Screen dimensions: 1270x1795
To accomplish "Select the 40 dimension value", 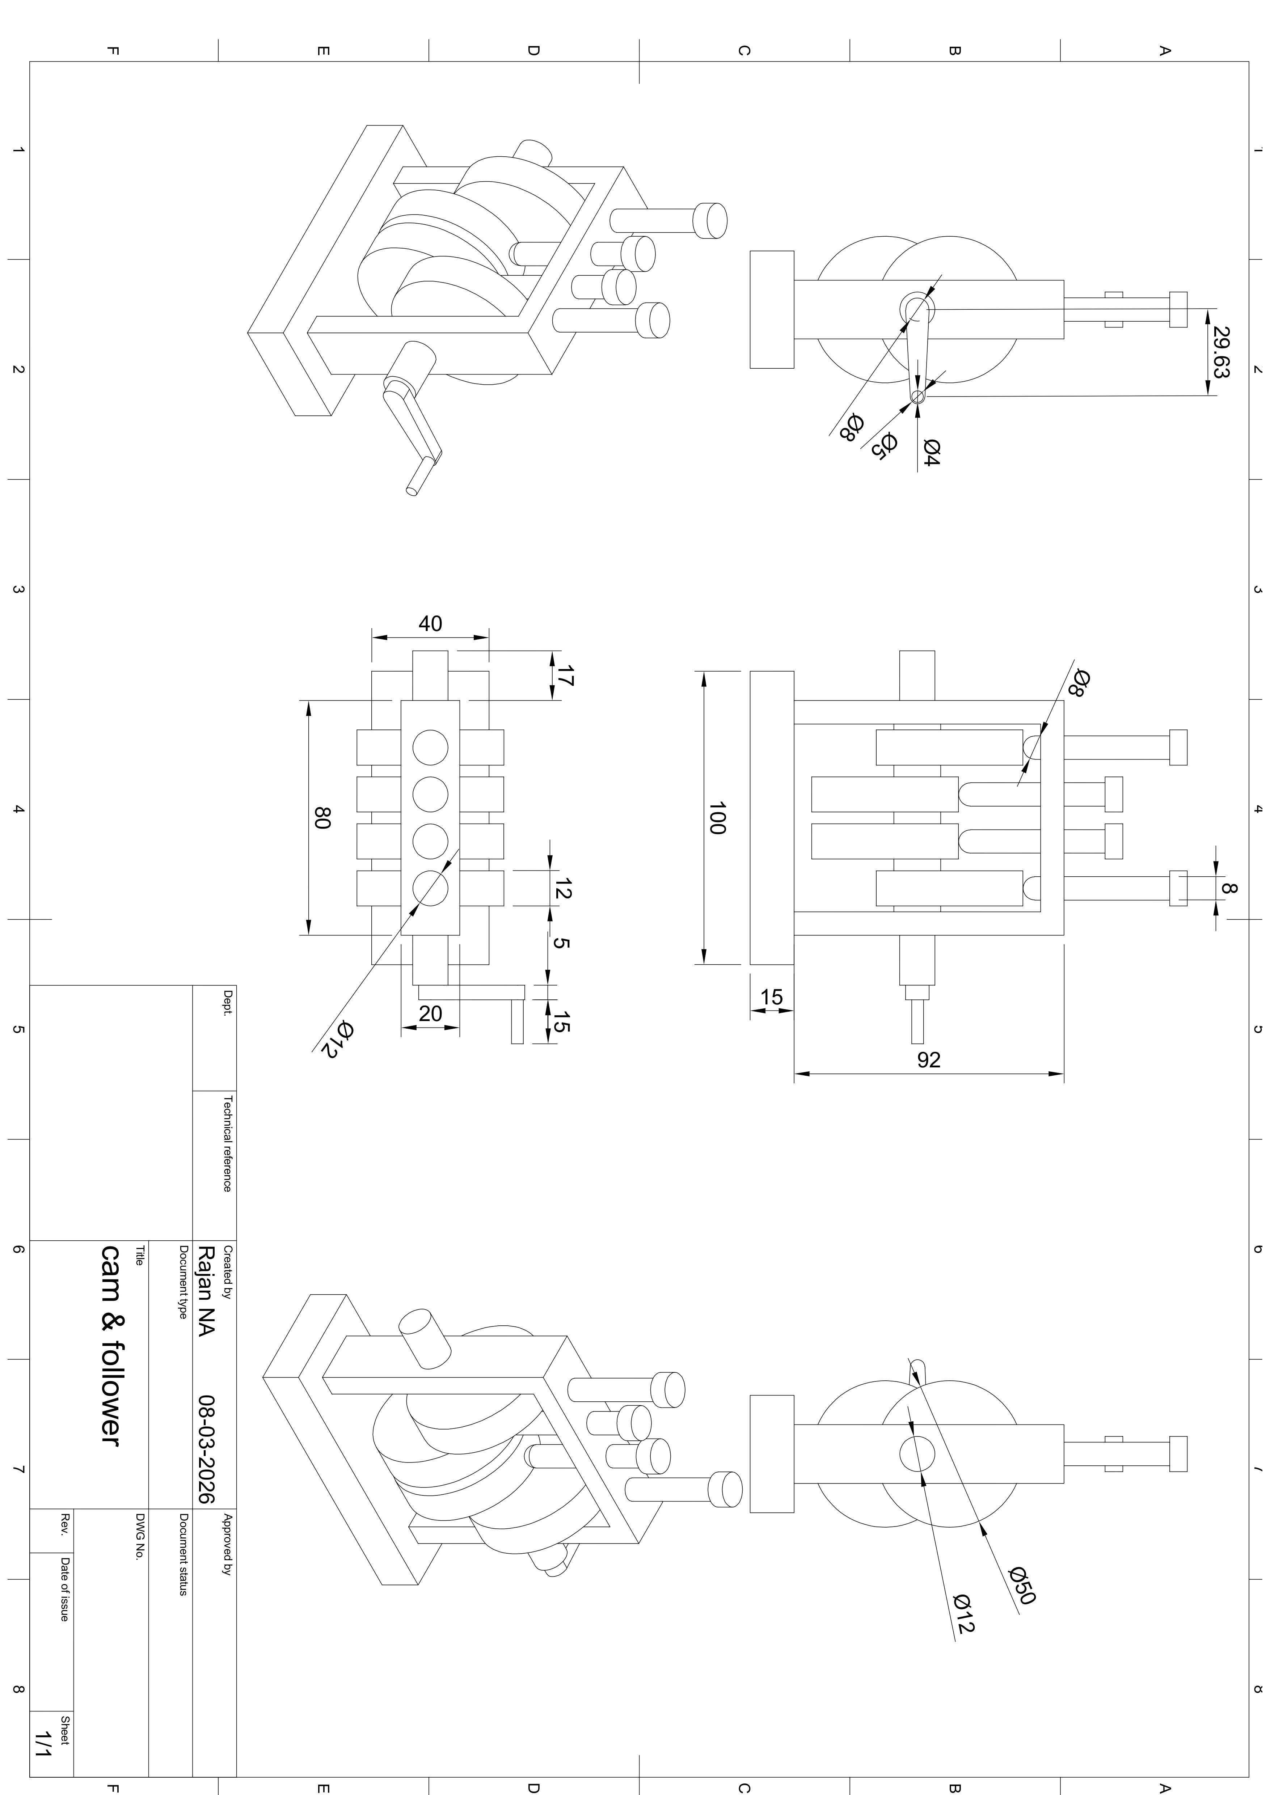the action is click(430, 623).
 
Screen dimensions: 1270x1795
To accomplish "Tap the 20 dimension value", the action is click(430, 1013).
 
